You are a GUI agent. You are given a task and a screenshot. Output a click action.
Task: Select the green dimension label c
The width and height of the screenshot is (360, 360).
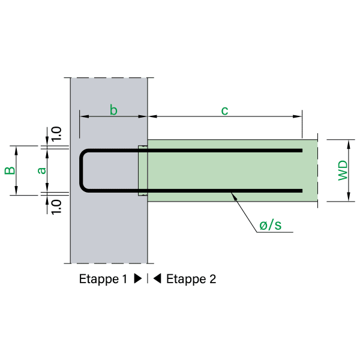[x=224, y=110]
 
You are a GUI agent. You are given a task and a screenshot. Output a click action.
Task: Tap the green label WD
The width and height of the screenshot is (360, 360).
[x=343, y=170]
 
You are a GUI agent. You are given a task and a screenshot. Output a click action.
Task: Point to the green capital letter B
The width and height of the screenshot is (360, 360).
[x=10, y=170]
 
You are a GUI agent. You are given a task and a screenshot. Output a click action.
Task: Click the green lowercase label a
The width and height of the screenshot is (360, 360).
[x=41, y=170]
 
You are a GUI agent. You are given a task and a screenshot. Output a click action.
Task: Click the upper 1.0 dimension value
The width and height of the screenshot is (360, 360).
[x=56, y=134]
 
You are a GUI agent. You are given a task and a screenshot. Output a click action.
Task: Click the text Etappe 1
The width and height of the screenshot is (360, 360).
[x=103, y=279]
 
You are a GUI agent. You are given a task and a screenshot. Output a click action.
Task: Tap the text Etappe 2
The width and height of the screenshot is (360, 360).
[x=191, y=279]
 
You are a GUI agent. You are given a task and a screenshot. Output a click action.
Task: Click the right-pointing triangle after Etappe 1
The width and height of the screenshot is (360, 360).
[x=137, y=279]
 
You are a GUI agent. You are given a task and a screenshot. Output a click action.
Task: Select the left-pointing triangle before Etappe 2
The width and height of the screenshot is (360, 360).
[x=157, y=279]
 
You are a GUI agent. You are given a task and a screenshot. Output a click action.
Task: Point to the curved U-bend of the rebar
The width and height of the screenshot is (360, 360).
[x=83, y=170]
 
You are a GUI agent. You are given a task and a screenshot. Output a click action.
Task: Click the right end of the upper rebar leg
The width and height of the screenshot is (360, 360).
[x=301, y=150]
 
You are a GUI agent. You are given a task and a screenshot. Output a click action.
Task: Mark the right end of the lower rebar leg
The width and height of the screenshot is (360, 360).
[x=301, y=191]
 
